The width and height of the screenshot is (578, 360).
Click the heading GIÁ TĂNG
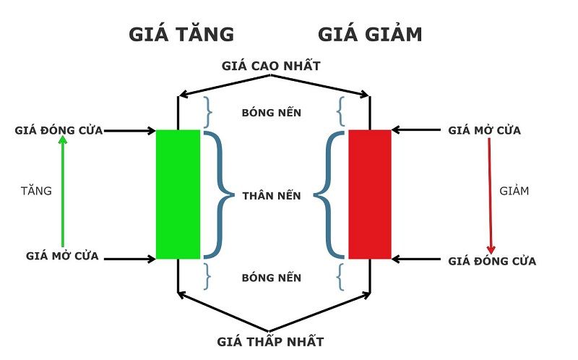[x=181, y=34]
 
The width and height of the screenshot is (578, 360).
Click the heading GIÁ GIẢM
[x=370, y=34]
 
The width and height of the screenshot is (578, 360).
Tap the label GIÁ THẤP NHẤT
[x=271, y=341]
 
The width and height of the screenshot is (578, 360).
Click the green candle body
[x=178, y=194]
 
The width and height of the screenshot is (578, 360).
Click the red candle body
[x=369, y=194]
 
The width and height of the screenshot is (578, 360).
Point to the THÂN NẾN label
[x=272, y=195]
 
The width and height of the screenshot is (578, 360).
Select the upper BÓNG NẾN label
[x=271, y=113]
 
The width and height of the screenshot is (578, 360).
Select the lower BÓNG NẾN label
[x=271, y=278]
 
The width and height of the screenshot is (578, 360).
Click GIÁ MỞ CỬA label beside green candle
[x=62, y=256]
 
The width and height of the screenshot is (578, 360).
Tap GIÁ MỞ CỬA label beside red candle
[x=484, y=131]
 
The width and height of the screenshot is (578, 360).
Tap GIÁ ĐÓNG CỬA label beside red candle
[x=492, y=261]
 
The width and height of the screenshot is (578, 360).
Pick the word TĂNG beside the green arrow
[x=36, y=192]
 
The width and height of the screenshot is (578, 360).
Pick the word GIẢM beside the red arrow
[x=514, y=192]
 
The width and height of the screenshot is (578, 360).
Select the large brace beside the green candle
[x=217, y=194]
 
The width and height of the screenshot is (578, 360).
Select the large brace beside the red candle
[x=329, y=194]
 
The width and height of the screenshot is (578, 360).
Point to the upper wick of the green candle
[x=178, y=112]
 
